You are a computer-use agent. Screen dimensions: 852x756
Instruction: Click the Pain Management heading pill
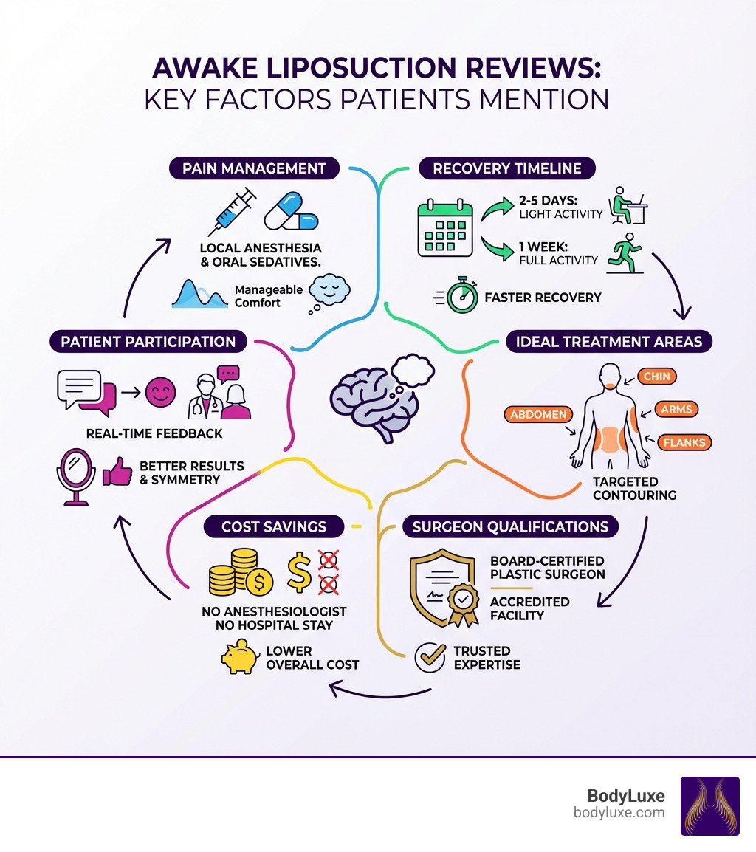pos(255,168)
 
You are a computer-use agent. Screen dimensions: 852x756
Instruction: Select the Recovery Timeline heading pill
pos(507,168)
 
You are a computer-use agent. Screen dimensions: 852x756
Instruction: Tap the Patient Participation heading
pos(148,341)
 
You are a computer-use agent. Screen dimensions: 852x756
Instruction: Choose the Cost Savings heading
pos(274,526)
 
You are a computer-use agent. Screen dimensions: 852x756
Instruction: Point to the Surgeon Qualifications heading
pos(510,526)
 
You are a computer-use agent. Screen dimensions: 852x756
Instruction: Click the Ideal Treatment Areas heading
pos(609,341)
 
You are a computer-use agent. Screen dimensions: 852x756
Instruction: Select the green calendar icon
pos(444,227)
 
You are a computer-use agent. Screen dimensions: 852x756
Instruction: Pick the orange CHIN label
pos(656,377)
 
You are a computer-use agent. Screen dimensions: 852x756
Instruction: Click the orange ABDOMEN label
pos(537,415)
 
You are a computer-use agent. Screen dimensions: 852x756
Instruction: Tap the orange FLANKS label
pos(684,443)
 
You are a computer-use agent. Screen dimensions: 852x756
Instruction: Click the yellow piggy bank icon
pos(239,657)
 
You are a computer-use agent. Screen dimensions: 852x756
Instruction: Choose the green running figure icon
pos(625,254)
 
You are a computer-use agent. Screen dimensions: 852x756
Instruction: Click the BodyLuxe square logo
pos(709,805)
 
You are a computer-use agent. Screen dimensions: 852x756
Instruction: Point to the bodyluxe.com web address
pos(619,813)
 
